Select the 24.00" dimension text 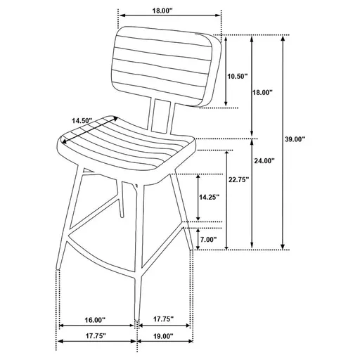tap(264, 161)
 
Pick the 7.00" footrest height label tap(208, 239)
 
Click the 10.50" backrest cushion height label tap(236, 77)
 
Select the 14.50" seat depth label tap(82, 120)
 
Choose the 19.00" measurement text tap(162, 337)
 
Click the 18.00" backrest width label tap(161, 11)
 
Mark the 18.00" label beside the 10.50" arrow tap(263, 92)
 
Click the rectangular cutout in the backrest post tap(161, 115)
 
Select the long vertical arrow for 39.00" tap(283, 141)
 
